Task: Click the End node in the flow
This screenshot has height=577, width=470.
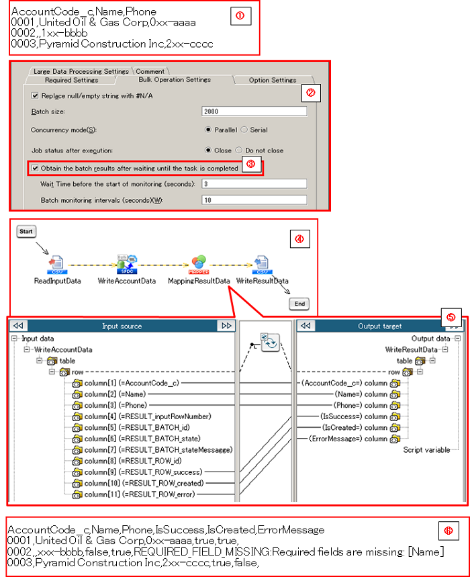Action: [300, 304]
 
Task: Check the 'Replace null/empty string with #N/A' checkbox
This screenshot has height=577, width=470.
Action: [36, 95]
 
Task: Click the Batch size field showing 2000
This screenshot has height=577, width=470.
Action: [254, 112]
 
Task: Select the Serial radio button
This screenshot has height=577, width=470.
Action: [244, 129]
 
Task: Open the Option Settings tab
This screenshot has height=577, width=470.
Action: [272, 80]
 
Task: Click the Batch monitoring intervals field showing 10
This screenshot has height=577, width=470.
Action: [254, 200]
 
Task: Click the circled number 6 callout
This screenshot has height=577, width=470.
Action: [448, 530]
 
